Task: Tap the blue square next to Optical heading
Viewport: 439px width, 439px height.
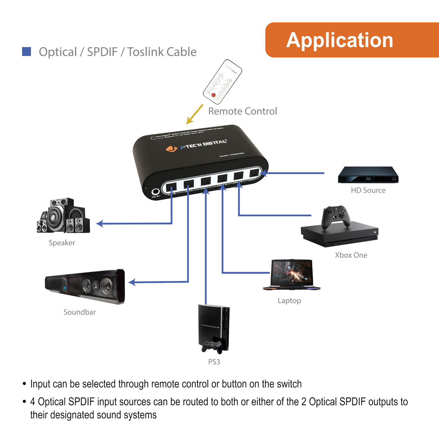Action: point(27,52)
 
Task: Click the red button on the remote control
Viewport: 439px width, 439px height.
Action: point(213,95)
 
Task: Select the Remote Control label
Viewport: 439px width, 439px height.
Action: point(242,111)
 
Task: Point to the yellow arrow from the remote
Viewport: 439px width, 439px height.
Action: point(194,115)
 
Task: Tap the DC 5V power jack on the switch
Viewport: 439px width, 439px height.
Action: point(156,192)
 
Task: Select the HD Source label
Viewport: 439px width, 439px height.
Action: point(368,190)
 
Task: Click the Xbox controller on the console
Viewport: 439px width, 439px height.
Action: point(336,216)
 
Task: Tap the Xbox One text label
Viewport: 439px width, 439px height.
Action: point(351,255)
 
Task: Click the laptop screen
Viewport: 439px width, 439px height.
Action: point(291,272)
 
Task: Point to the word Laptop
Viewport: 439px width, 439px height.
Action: point(289,301)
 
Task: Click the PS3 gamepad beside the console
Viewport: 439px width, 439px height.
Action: point(212,346)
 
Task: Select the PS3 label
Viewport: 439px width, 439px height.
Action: point(214,362)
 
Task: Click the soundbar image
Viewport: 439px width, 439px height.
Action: point(85,286)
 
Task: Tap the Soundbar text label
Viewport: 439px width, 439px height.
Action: point(80,312)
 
